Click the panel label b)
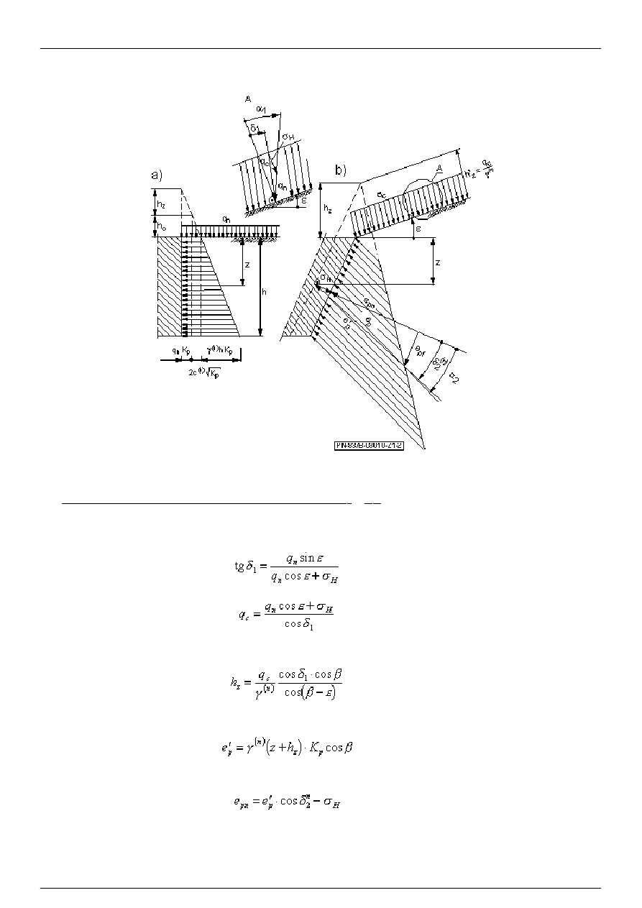340,170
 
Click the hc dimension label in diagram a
162,226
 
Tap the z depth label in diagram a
247,265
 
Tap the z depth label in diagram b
438,262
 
